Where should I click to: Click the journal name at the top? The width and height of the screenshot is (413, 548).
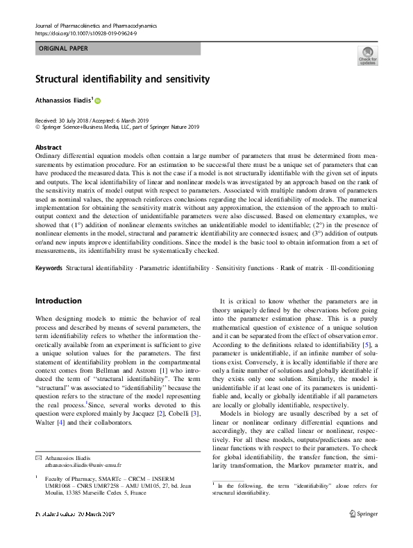pyautogui.click(x=96, y=26)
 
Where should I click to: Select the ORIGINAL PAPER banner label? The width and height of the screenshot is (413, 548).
pyautogui.click(x=63, y=48)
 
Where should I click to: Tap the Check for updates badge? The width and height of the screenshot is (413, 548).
pyautogui.click(x=367, y=56)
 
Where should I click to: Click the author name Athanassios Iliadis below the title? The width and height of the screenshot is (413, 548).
pyautogui.click(x=64, y=101)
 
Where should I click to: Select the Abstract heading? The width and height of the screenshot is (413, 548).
pyautogui.click(x=48, y=148)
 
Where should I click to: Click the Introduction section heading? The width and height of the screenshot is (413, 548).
pyautogui.click(x=58, y=301)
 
